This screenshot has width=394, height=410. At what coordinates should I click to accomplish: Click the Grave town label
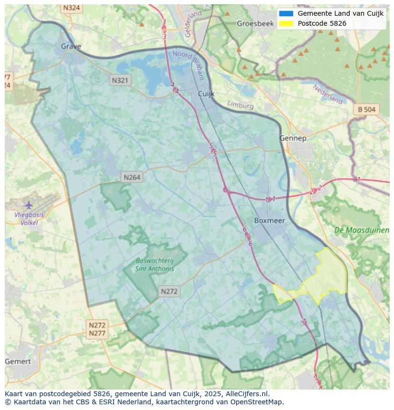click(x=71, y=46)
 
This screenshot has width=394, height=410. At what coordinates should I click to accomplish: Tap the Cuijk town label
click(x=207, y=94)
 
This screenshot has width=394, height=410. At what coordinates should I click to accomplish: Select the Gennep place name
click(x=293, y=138)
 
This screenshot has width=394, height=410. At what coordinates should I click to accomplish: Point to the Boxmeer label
click(x=269, y=220)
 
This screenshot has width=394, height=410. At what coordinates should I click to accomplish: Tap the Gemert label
click(x=18, y=361)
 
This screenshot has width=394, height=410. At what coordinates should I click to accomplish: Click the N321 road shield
click(x=120, y=80)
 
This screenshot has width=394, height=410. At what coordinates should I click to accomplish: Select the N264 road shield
click(x=132, y=177)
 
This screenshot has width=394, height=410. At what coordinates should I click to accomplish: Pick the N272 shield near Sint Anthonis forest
click(x=169, y=291)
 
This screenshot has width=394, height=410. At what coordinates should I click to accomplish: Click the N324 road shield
click(x=71, y=8)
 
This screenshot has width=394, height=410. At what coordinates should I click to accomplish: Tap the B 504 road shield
click(x=366, y=110)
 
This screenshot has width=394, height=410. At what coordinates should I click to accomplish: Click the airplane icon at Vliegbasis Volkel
click(x=29, y=205)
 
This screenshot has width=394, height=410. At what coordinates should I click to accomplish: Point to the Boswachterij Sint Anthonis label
click(x=155, y=264)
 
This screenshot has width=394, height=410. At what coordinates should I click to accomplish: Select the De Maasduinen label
click(x=362, y=230)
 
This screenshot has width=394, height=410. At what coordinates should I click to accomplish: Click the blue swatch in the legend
click(x=286, y=13)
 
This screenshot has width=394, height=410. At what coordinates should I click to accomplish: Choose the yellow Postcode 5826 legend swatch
click(x=286, y=23)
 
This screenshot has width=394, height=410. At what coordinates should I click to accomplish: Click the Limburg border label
click(x=240, y=105)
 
